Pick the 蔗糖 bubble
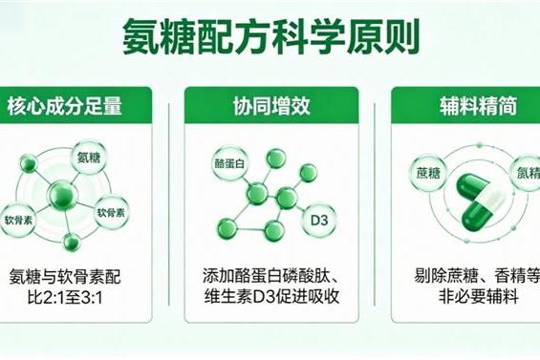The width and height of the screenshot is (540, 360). [426, 174]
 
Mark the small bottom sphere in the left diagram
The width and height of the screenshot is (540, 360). [70, 241]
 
